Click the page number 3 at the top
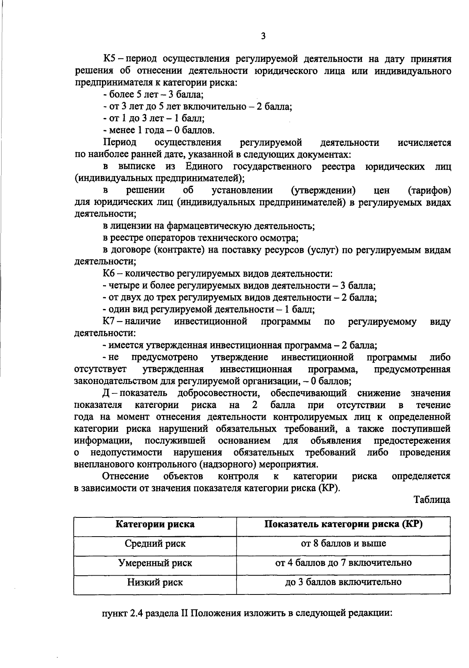click(x=263, y=36)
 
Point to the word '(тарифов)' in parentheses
click(x=429, y=190)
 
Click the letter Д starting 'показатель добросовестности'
click(x=106, y=393)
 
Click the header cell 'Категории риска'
click(x=155, y=524)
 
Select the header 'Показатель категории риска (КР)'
click(x=343, y=524)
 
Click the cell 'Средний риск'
click(x=155, y=544)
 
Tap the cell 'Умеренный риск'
click(x=155, y=563)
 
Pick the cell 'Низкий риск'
click(x=155, y=582)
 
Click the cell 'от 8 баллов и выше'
click(x=343, y=544)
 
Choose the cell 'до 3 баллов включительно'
click(x=343, y=582)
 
